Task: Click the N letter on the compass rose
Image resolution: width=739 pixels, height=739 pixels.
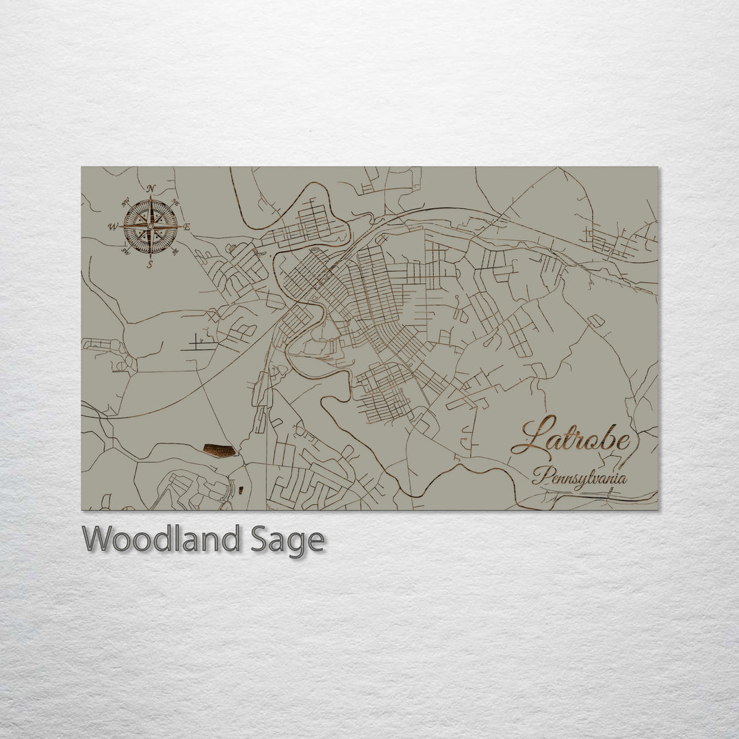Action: [x=151, y=189]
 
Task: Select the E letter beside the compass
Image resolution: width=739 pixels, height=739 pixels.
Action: [x=187, y=227]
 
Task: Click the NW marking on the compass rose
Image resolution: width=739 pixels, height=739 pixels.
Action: [x=125, y=202]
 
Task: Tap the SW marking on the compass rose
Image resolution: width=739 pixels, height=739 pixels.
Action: [x=125, y=252]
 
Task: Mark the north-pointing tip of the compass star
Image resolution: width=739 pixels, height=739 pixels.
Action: [x=150, y=198]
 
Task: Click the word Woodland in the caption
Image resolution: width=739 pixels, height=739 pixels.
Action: [x=161, y=540]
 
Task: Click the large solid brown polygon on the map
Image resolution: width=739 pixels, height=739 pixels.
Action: [x=220, y=450]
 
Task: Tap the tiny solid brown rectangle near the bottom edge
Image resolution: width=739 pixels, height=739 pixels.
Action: [x=240, y=489]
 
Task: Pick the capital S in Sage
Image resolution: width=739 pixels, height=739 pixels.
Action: [x=258, y=540]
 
